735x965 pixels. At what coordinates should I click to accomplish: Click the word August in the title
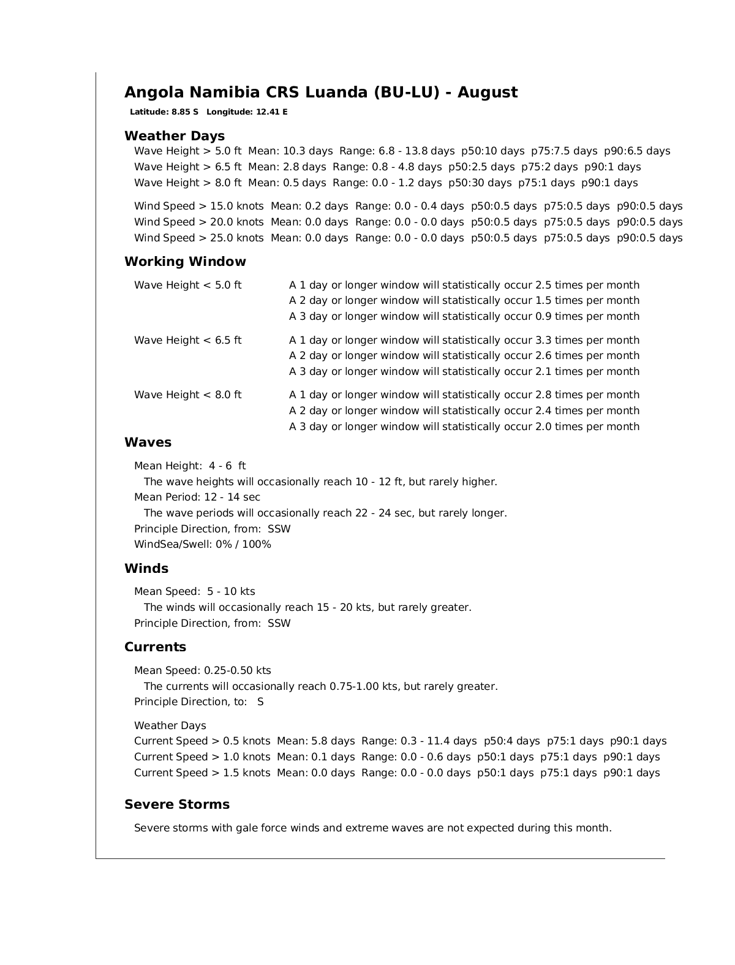pyautogui.click(x=487, y=93)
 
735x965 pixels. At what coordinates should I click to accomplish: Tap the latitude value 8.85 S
pyautogui.click(x=184, y=112)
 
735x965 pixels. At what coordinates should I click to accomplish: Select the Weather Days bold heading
pyautogui.click(x=175, y=136)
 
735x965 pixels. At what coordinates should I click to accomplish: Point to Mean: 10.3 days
pyautogui.click(x=290, y=151)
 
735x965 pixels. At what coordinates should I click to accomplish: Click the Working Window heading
pyautogui.click(x=185, y=262)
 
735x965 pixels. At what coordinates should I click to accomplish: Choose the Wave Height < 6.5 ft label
pyautogui.click(x=187, y=340)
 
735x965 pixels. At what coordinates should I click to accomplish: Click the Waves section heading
pyautogui.click(x=148, y=442)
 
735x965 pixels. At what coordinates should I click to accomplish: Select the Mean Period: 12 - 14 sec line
pyautogui.click(x=197, y=497)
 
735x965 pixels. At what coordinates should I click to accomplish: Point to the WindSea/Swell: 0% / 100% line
pyautogui.click(x=203, y=544)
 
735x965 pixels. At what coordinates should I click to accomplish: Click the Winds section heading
pyautogui.click(x=146, y=569)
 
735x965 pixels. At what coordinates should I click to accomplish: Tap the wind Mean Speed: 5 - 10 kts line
pyautogui.click(x=195, y=591)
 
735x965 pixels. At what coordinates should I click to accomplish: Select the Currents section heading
pyautogui.click(x=155, y=647)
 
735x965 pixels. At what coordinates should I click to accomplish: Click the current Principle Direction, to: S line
pyautogui.click(x=199, y=702)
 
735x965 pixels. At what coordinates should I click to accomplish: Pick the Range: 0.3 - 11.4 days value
pyautogui.click(x=419, y=741)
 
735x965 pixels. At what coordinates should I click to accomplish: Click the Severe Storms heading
pyautogui.click(x=177, y=804)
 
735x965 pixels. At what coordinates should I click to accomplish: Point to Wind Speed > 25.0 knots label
pyautogui.click(x=199, y=238)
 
